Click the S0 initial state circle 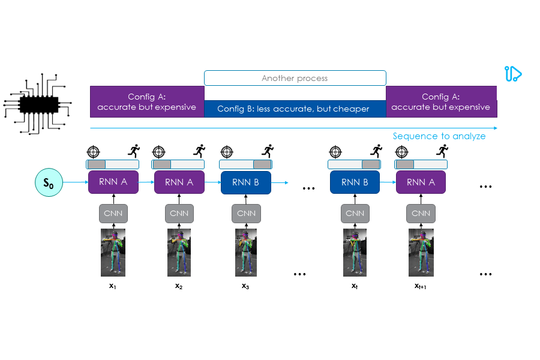click(x=48, y=182)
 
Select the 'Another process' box click(x=295, y=78)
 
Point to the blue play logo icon click(x=513, y=74)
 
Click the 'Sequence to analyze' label click(x=439, y=136)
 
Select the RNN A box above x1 click(x=113, y=182)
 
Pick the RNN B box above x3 click(x=246, y=182)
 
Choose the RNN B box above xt click(x=355, y=182)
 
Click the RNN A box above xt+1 click(x=421, y=182)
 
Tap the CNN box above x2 click(x=179, y=213)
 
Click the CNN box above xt click(x=355, y=213)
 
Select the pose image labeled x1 click(x=113, y=252)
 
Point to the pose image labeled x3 click(x=246, y=252)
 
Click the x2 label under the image click(x=179, y=286)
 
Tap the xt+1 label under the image click(x=421, y=286)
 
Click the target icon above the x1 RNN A click(x=93, y=152)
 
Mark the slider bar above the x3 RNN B click(x=246, y=164)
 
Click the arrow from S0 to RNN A click(x=76, y=182)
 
